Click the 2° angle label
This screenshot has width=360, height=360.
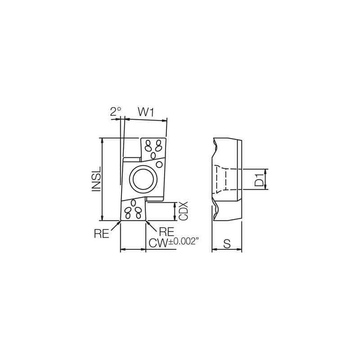coord(116,112)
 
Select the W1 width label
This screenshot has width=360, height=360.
coord(146,112)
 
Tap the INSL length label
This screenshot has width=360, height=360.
coord(95,180)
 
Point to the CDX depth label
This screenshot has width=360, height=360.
coord(183,211)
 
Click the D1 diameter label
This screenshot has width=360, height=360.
coord(259,180)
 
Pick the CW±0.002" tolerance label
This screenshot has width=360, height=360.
coord(173,243)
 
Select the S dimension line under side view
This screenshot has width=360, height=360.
coord(227,250)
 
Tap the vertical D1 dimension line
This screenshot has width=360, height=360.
coord(267,180)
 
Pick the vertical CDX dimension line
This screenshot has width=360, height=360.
coord(175,211)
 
